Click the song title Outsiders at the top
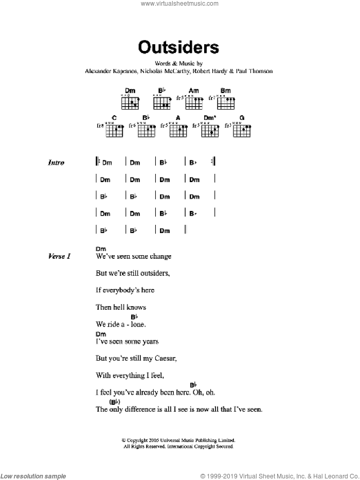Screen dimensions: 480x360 point(178,48)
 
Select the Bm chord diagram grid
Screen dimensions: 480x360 point(225,103)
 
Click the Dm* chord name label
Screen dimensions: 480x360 point(209,118)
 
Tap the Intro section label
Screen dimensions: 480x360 point(56,163)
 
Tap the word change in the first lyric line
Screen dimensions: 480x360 point(160,256)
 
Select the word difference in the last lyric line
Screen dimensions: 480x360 point(138,410)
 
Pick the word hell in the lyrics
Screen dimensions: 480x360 point(121,307)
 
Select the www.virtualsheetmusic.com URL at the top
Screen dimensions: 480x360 point(179,4)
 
